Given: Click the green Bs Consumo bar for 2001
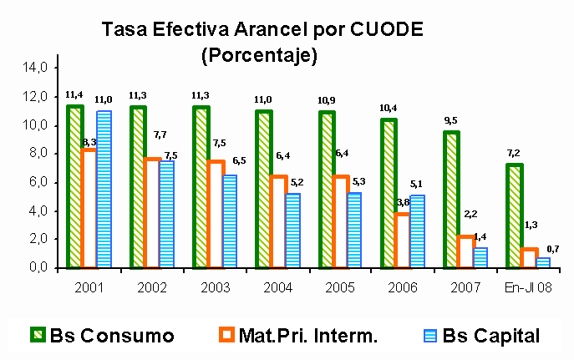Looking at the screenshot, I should [x=74, y=187].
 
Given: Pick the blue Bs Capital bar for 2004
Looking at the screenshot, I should [x=292, y=231].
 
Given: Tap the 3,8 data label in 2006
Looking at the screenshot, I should [x=402, y=203].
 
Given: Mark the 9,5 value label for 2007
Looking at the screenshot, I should [x=450, y=121].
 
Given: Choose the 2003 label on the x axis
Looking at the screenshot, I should [x=215, y=287].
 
